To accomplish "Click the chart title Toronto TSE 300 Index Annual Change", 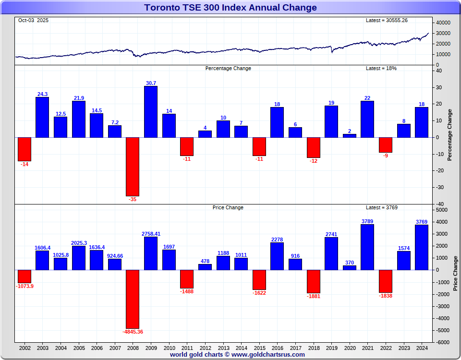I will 230,7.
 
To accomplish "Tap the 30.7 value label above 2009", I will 151,83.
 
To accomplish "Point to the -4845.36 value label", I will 133,332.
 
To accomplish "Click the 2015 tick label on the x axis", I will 259,348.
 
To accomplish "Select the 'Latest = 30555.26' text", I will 387,20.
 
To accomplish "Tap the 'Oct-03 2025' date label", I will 33,20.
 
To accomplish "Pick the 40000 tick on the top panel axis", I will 444,23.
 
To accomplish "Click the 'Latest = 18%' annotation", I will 381,68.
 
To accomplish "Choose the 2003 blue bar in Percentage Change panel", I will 42,117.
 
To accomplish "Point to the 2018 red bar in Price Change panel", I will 313,281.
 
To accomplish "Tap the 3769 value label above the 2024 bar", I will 422,221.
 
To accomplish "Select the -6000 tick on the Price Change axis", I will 443,342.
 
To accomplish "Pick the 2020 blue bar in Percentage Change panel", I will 350,136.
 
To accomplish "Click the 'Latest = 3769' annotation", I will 382,207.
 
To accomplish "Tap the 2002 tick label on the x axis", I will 24,348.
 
